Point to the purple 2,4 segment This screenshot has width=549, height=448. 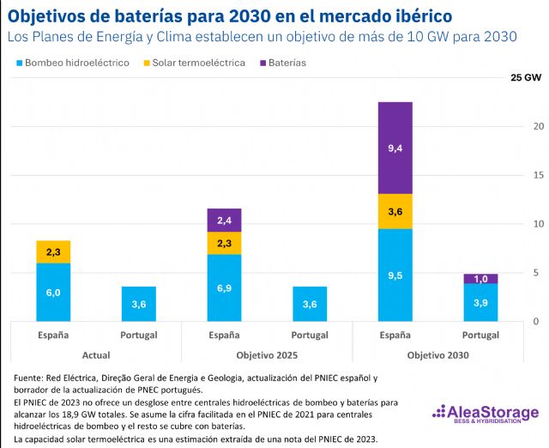[x=224, y=221]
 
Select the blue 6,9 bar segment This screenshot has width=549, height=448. [x=224, y=288]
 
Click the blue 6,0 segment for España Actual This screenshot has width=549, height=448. [x=53, y=292]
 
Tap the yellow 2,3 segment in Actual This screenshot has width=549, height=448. [x=53, y=252]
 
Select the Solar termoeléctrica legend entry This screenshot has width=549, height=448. [x=196, y=64]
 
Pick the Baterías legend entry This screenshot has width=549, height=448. [x=282, y=64]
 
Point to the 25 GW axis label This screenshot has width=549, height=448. [x=525, y=77]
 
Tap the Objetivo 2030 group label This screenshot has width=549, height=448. [x=437, y=354]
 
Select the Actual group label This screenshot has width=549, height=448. [x=96, y=354]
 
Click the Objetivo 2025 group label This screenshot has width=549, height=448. [x=267, y=354]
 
